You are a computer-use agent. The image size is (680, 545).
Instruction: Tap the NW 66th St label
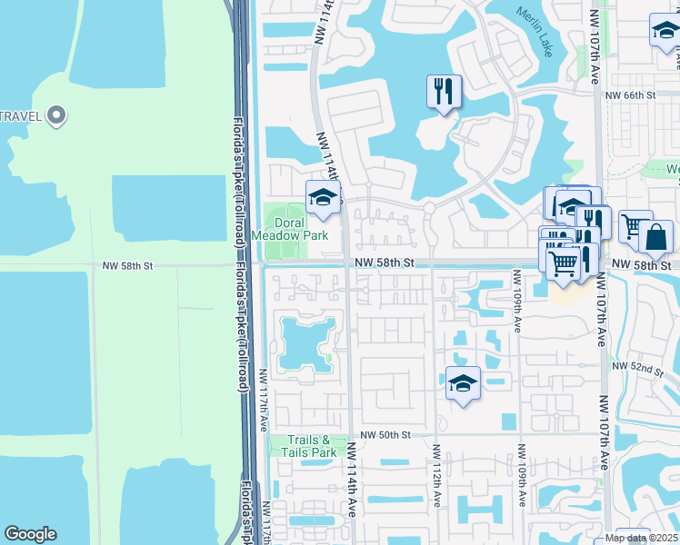pyautogui.click(x=630, y=94)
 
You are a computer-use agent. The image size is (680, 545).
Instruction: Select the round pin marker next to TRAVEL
pyautogui.click(x=56, y=115)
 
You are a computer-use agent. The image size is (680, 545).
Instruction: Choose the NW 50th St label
pyautogui.click(x=385, y=435)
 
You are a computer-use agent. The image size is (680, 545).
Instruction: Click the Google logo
pyautogui.click(x=30, y=534)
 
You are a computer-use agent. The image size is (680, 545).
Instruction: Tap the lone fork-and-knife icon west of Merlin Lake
pyautogui.click(x=444, y=91)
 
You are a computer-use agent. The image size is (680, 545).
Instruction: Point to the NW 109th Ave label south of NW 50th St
pyautogui.click(x=523, y=476)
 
